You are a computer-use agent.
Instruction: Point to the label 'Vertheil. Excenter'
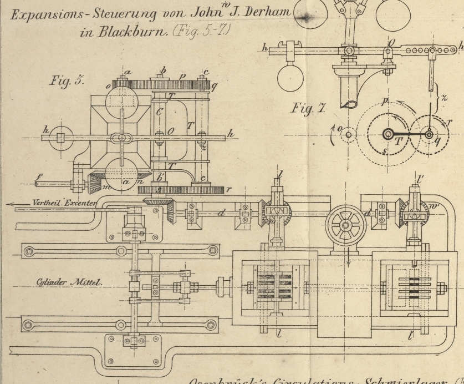[x=63, y=203]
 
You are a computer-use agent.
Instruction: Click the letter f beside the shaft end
[x=39, y=179]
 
